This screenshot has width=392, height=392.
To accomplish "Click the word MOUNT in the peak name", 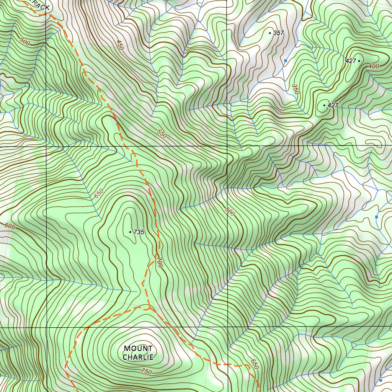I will pos(138,348).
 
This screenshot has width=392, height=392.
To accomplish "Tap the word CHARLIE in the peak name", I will pos(138,357).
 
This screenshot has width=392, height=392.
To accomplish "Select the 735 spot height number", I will pos(139,232).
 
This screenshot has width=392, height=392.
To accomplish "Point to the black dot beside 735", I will pos(130,232).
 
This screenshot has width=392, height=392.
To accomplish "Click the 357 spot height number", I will pos(278,33).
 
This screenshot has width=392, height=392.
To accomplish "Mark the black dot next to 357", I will pos(270,33).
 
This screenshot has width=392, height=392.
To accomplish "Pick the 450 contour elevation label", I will pos(120,45).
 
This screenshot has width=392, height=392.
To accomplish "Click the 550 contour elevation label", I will pos(162,134).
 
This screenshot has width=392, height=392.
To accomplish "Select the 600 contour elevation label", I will pos(10,226).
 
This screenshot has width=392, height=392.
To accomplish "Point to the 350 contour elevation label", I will pos(295,89).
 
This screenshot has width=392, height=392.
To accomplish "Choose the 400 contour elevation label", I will pos(374,66).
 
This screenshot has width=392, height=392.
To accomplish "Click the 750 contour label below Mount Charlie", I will pos(146,371).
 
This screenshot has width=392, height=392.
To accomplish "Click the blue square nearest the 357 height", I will pos(285,60).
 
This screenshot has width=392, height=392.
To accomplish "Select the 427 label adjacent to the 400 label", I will pos(350,61).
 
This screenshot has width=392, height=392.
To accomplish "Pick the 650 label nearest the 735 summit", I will pos(99,194).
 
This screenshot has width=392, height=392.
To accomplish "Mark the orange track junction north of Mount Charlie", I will pos(149,307).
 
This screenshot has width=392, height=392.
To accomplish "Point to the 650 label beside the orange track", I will pos(255,364).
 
